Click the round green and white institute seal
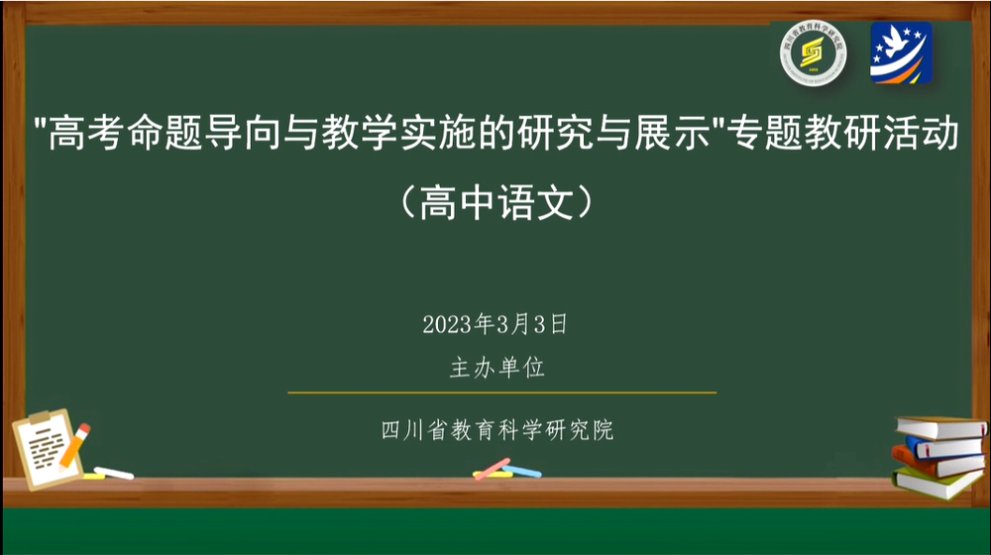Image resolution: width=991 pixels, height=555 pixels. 812,53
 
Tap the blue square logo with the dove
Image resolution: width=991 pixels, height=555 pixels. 901,53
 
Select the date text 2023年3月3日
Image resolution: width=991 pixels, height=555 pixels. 495,324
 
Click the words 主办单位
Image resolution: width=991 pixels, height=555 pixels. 497,369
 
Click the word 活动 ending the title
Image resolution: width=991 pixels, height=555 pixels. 932,135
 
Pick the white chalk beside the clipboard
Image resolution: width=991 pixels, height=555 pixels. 113,473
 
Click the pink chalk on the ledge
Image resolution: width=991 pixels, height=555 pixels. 492,468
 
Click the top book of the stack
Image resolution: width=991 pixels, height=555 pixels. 941,427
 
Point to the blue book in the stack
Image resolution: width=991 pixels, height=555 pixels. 945,445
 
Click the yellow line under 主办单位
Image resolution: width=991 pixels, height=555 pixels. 501,392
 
